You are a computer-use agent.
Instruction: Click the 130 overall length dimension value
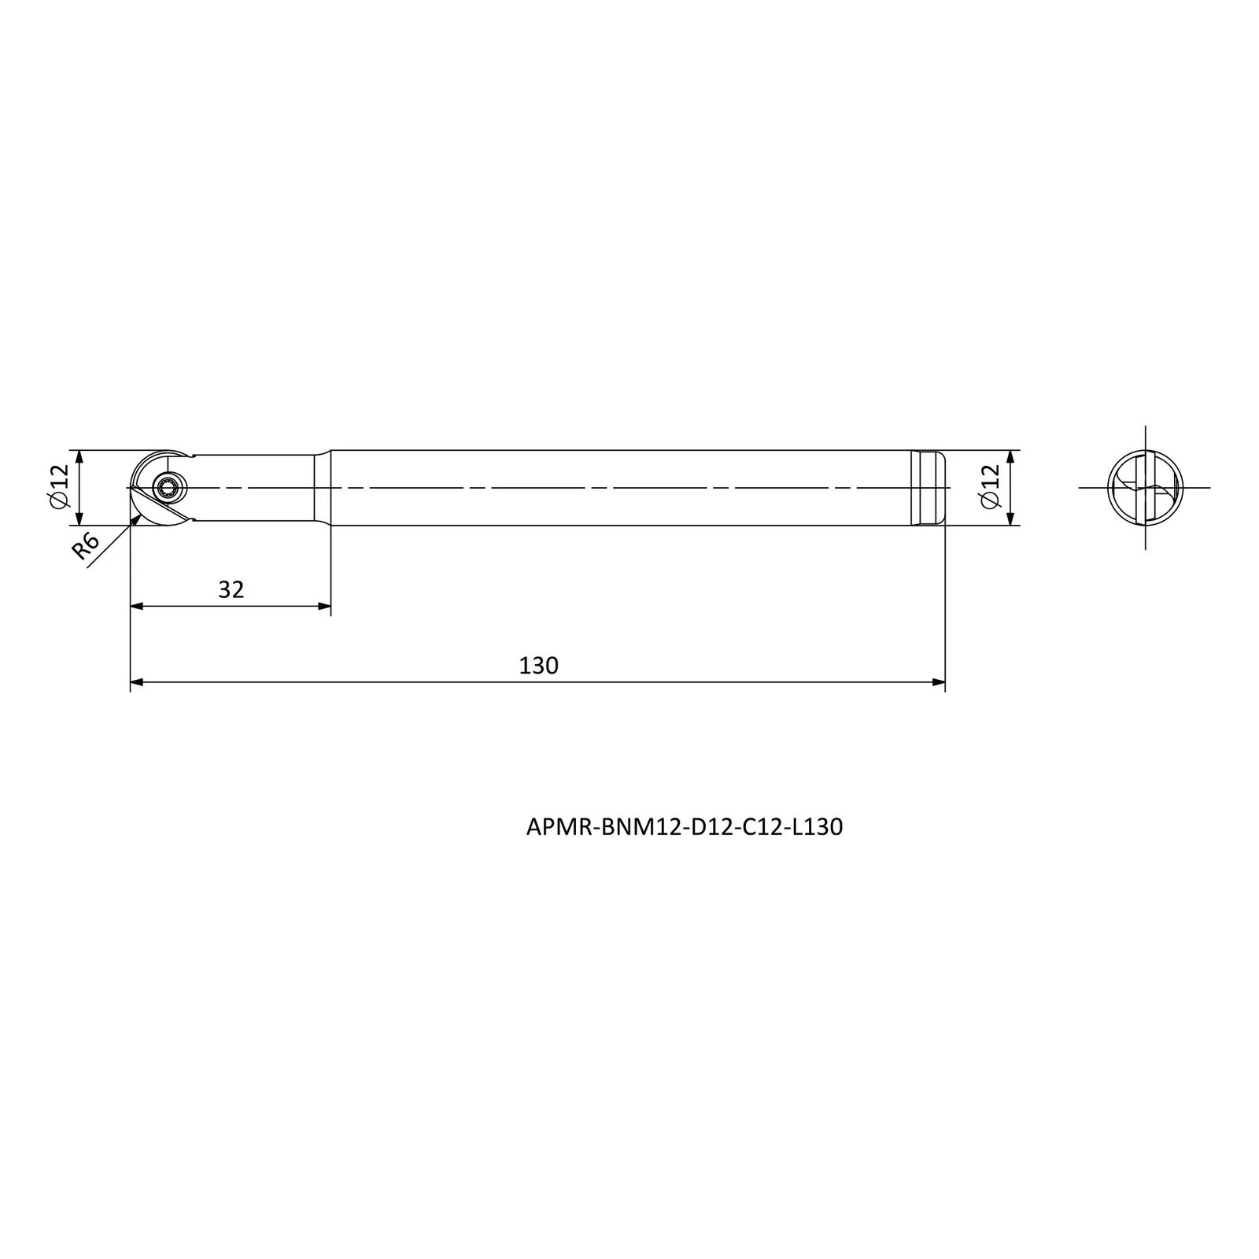(x=538, y=666)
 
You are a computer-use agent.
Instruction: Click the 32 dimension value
(x=231, y=589)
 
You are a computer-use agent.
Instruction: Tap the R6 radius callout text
(x=86, y=545)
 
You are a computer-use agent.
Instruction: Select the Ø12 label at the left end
(x=60, y=487)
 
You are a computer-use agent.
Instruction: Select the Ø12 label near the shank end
(x=991, y=487)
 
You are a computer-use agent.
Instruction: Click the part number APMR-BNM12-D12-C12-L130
(x=685, y=827)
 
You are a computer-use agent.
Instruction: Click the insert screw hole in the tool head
(x=167, y=488)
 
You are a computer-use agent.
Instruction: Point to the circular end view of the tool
(x=1146, y=488)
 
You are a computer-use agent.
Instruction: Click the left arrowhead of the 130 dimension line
(x=137, y=682)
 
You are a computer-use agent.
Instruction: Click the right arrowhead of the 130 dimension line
(x=938, y=682)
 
